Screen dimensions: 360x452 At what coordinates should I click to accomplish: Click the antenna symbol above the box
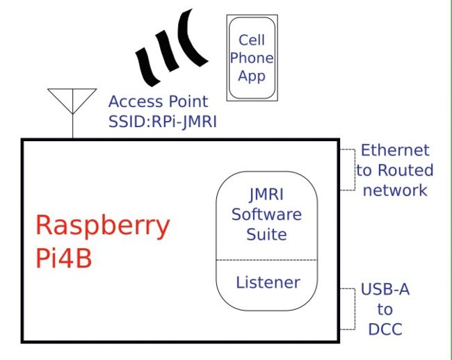pyautogui.click(x=72, y=104)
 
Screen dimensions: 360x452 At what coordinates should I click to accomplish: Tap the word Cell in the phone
pyautogui.click(x=252, y=40)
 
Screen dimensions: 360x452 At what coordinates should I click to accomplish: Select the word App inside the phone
pyautogui.click(x=252, y=76)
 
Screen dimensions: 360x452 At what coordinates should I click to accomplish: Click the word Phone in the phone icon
pyautogui.click(x=252, y=58)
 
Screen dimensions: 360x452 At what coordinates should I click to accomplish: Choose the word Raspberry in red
pyautogui.click(x=102, y=227)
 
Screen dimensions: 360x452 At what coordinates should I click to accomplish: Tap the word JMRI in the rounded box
pyautogui.click(x=267, y=194)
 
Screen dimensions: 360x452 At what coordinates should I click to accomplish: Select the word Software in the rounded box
pyautogui.click(x=267, y=213)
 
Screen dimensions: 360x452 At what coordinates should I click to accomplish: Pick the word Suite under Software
pyautogui.click(x=267, y=234)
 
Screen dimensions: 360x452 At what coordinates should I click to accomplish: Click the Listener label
pyautogui.click(x=268, y=282)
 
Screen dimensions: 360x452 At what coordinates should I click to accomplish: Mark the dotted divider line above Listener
pyautogui.click(x=267, y=260)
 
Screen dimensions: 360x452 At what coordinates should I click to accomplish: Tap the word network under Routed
pyautogui.click(x=395, y=190)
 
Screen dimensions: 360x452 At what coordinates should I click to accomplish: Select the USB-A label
pyautogui.click(x=385, y=290)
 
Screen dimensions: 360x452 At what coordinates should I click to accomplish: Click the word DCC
pyautogui.click(x=385, y=329)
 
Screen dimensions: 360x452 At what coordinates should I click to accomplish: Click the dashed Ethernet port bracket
pyautogui.click(x=346, y=170)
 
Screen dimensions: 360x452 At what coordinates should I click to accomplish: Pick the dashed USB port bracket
pyautogui.click(x=346, y=308)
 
